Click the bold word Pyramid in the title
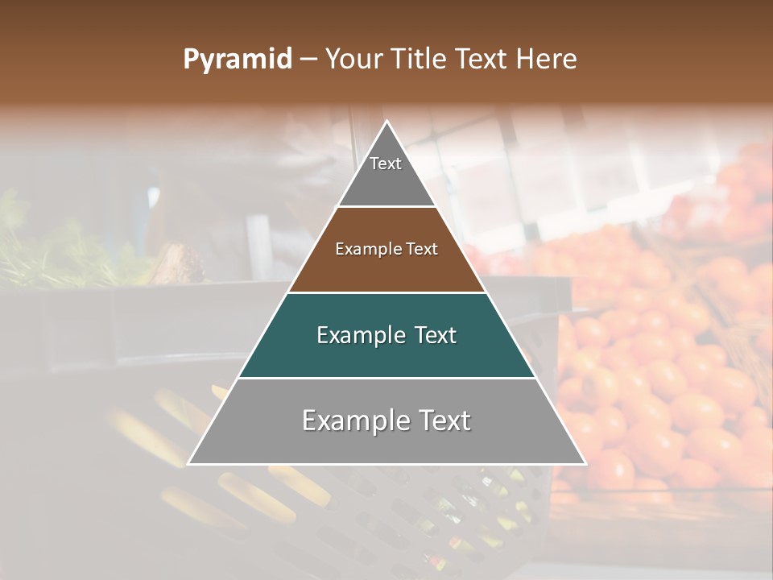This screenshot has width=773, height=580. click(x=237, y=60)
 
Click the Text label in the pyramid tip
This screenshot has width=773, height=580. click(x=386, y=164)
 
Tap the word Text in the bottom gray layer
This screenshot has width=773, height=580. click(x=442, y=420)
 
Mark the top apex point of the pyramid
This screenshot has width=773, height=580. click(x=387, y=122)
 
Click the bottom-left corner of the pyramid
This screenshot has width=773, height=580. click(x=189, y=463)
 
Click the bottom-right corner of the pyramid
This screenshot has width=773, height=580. click(x=585, y=463)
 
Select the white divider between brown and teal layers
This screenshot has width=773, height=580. click(x=387, y=292)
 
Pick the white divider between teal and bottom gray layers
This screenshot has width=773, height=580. click(x=387, y=378)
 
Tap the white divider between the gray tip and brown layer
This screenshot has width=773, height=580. click(x=387, y=207)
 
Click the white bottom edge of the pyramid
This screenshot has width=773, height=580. click(x=387, y=464)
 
